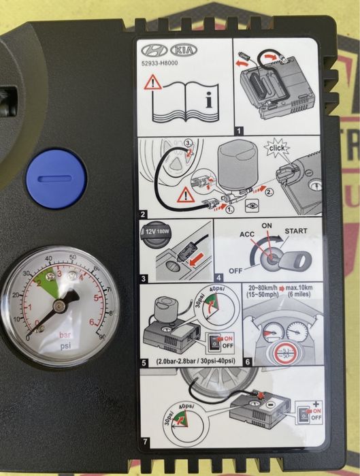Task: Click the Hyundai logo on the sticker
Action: pos(157,50)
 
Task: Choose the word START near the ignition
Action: pos(301,230)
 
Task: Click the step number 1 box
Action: pos(238,128)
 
